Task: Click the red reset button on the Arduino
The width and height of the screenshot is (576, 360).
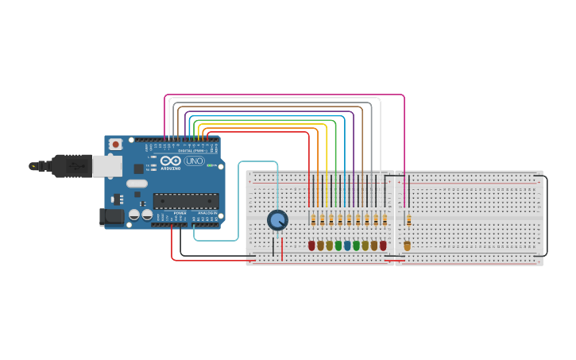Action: (x=116, y=145)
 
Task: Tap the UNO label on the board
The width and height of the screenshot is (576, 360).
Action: (x=194, y=161)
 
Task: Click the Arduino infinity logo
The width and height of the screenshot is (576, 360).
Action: (x=171, y=161)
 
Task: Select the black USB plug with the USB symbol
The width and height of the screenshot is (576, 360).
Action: (x=72, y=166)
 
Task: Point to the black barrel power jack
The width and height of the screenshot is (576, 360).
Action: (x=111, y=215)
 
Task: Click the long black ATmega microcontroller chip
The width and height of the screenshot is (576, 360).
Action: (x=185, y=201)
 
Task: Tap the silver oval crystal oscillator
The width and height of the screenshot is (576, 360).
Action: (x=137, y=184)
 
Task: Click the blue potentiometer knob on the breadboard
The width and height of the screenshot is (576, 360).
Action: (x=277, y=220)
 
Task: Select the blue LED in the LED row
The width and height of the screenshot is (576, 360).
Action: (x=347, y=246)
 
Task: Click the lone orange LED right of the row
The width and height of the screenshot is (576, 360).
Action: (x=408, y=246)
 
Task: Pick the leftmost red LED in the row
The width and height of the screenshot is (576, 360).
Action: (x=311, y=246)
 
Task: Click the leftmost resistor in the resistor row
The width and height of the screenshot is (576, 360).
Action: (x=313, y=220)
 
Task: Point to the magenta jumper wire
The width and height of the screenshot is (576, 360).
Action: (x=286, y=95)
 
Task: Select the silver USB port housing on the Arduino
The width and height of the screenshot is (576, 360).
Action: (x=106, y=165)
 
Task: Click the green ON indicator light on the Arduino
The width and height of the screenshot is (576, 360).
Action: (x=211, y=166)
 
